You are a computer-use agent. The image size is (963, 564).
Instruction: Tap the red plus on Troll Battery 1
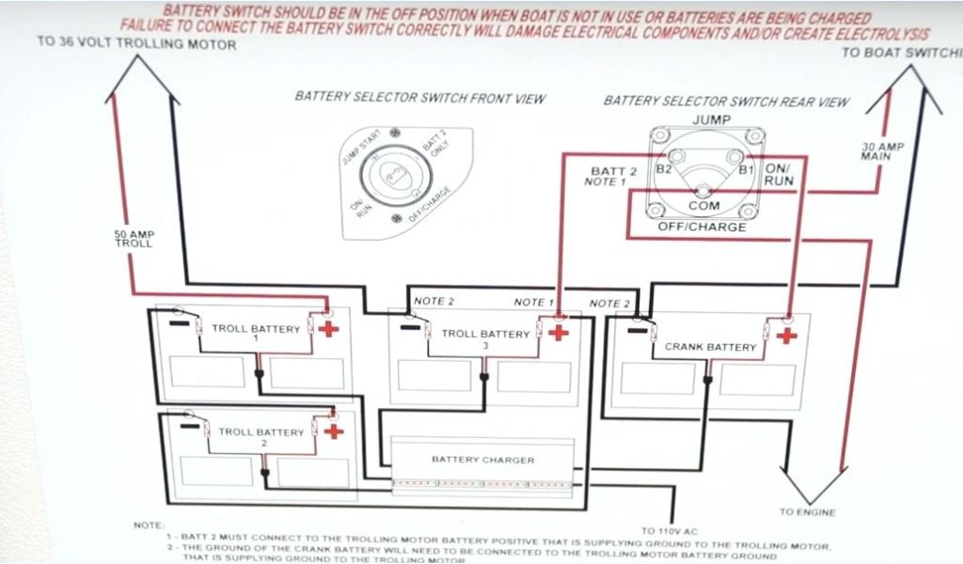(328, 329)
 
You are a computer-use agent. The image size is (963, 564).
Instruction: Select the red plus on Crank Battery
(786, 335)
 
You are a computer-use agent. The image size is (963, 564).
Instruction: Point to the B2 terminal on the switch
(665, 170)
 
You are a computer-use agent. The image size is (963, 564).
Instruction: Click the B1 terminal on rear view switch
(746, 170)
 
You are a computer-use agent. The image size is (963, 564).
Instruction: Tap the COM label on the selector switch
(704, 206)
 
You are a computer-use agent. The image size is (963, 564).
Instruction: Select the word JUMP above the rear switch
(711, 119)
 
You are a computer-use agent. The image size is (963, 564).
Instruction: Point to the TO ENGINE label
(806, 512)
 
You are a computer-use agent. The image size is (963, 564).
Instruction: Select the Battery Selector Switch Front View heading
(419, 98)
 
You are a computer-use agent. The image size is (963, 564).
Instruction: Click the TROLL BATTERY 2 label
(260, 433)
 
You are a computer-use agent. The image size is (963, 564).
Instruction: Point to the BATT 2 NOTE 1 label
(613, 176)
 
